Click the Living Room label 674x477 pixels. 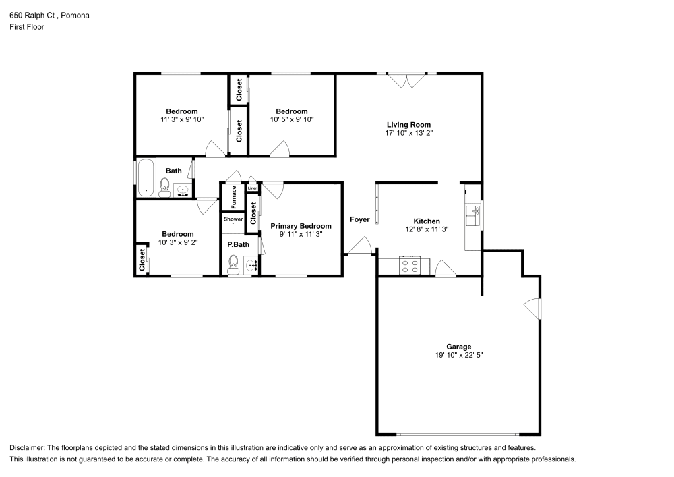coord(408,124)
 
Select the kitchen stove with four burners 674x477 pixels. coord(410,265)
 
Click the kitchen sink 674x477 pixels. coord(472,216)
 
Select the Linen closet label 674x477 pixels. coord(253,188)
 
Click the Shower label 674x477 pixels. coord(233,219)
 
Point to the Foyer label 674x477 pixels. coord(359,219)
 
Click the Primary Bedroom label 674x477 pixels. coord(301,226)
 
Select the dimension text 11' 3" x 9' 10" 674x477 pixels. coord(182,119)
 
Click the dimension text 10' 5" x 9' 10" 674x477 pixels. coord(292,119)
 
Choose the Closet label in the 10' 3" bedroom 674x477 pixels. coord(142,260)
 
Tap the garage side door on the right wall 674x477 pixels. coord(534,308)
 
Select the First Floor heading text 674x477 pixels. coord(27,27)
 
